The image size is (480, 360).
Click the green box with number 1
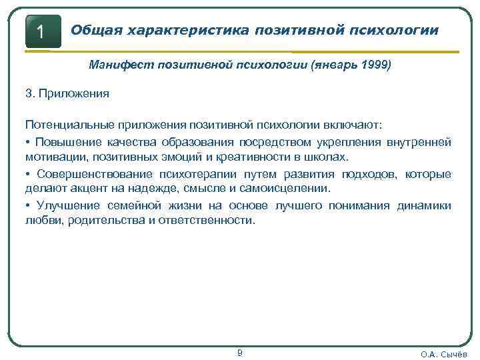coord(43,31)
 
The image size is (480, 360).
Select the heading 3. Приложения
coord(67,93)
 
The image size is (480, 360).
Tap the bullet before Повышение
coord(29,142)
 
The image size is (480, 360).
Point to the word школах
coord(329,158)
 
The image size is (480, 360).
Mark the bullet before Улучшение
coord(29,205)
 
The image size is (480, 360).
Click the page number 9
coord(240,353)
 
